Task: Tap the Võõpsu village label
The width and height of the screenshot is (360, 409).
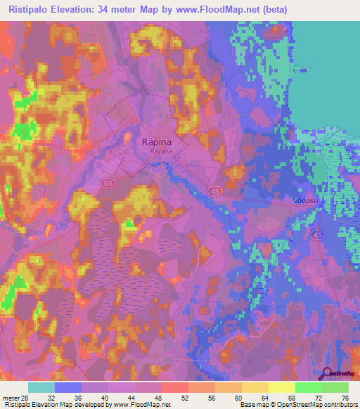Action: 304,200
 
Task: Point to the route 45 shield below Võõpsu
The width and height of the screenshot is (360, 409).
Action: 319,235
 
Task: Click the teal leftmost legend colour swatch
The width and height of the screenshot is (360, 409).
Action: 41,387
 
